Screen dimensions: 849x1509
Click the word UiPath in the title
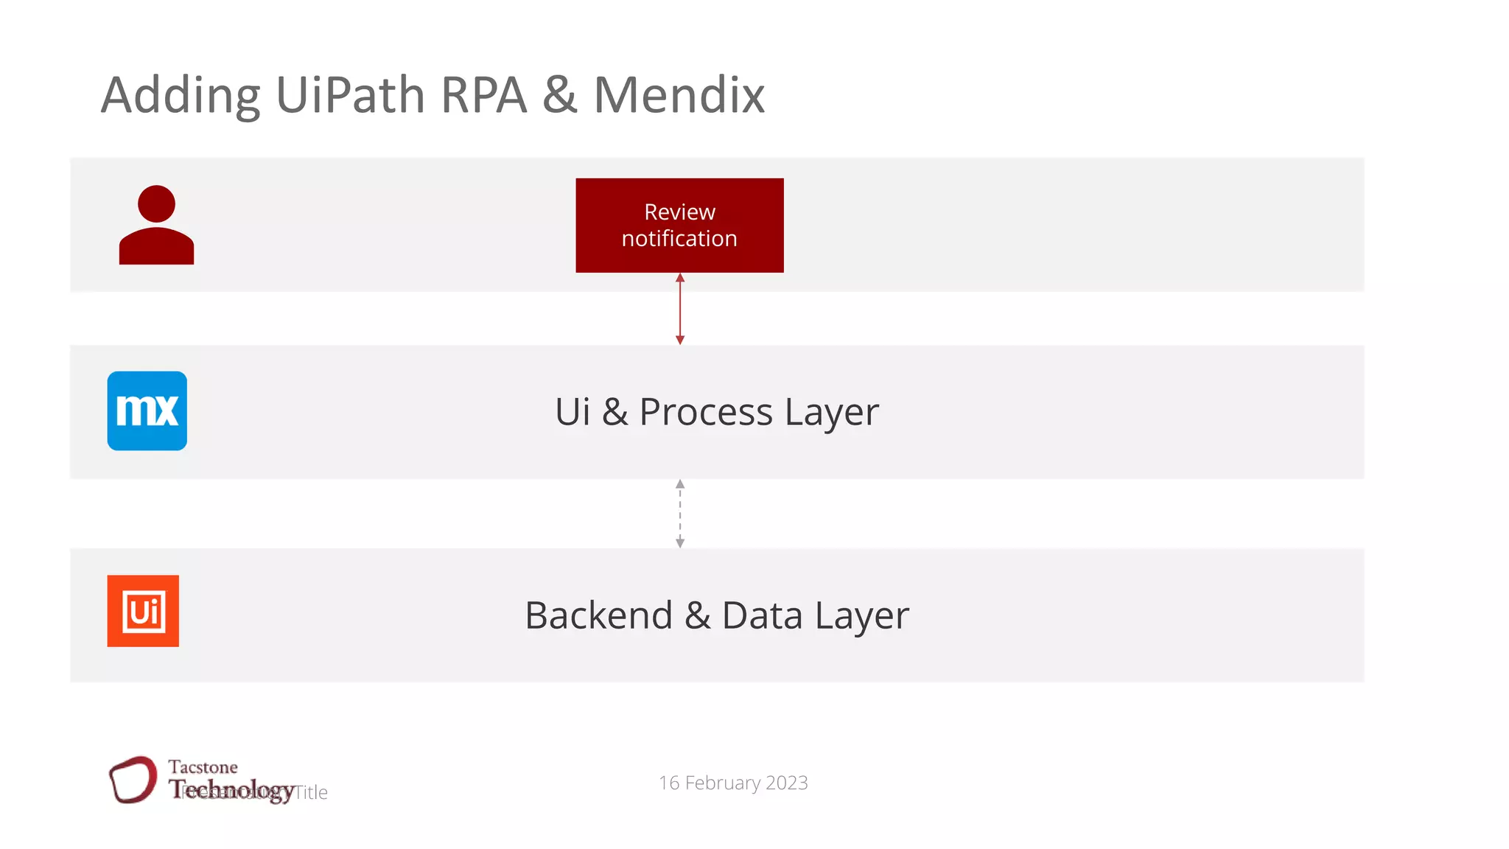350,95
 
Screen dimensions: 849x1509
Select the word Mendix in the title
679,95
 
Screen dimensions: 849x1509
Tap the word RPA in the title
483,95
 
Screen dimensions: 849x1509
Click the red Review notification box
679,225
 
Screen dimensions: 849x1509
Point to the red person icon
156,226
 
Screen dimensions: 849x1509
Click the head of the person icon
156,203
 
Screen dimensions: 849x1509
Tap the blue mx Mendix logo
147,410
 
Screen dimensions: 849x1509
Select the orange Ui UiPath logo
143,611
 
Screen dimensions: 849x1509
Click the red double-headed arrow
680,309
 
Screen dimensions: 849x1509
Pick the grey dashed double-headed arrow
680,514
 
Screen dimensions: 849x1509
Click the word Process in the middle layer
706,412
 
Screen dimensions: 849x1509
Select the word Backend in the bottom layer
598,615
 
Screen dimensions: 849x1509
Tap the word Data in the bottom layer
762,615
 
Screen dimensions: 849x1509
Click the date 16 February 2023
733,783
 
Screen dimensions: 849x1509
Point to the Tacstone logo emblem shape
133,779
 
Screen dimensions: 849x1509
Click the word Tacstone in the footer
203,767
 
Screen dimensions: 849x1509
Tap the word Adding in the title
181,97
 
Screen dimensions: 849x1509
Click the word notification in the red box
679,239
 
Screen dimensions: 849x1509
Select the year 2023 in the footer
786,783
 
